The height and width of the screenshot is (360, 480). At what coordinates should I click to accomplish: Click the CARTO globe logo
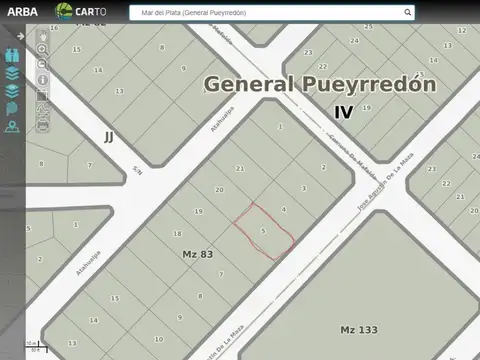pos(64,12)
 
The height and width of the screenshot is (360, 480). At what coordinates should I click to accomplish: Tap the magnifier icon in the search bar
pos(407,13)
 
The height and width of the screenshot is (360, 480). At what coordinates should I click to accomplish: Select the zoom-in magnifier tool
pos(43,48)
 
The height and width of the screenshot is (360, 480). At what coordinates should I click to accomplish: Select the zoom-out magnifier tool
pos(43,64)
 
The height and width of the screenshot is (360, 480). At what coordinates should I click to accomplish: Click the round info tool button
pos(43,80)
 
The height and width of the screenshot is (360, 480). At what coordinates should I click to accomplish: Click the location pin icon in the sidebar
pos(12,126)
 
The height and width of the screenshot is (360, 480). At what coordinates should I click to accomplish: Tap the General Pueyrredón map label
pos(320,84)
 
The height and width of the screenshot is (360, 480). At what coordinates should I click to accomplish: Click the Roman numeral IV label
pos(343,112)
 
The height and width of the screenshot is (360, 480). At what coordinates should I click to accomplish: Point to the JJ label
pos(108,135)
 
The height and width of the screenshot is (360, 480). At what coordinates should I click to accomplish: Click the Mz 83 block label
pos(198,254)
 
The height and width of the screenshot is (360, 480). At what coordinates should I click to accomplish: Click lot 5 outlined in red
pos(263,231)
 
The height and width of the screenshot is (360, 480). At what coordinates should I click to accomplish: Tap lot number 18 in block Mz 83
pos(178,233)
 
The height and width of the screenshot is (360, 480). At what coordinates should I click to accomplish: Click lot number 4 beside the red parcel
pos(284,209)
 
